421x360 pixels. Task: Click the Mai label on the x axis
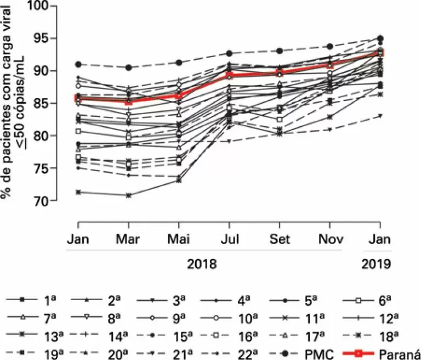point(178,240)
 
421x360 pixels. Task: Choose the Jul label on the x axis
point(229,240)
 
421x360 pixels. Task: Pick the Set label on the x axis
point(280,240)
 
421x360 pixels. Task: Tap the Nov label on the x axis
point(330,240)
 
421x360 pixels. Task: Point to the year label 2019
point(376,264)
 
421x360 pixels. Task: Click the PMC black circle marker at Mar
point(128,67)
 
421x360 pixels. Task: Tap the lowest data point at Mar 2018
point(128,195)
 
